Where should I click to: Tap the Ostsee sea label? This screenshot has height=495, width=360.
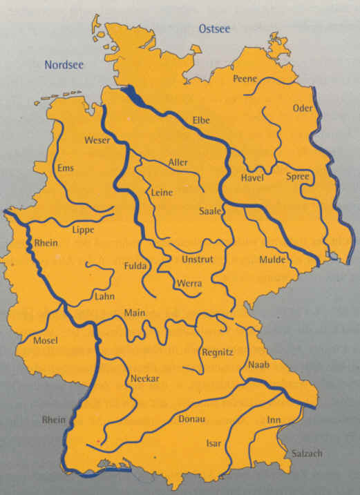tap(214, 29)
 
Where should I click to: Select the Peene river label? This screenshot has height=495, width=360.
tap(245, 79)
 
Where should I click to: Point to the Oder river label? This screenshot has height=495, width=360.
tap(303, 108)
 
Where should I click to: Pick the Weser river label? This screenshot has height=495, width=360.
tap(97, 140)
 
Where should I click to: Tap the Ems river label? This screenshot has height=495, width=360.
tap(66, 168)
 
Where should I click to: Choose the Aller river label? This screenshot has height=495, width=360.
tap(178, 162)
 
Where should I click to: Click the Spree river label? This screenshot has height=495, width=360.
tap(299, 177)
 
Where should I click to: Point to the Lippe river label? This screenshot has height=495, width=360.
tap(84, 230)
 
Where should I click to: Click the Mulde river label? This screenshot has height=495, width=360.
tap(272, 260)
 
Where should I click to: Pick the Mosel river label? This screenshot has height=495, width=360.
tap(46, 340)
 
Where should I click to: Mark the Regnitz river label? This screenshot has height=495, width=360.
tap(218, 352)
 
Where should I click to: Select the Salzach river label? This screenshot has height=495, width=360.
tap(306, 453)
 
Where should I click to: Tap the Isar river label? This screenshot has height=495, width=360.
tap(214, 443)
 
